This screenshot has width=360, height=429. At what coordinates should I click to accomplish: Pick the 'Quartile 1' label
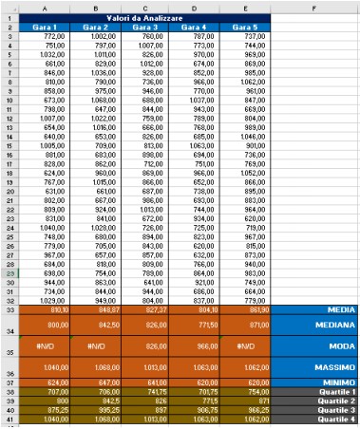(332, 391)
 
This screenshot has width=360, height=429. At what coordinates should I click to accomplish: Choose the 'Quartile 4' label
(332, 419)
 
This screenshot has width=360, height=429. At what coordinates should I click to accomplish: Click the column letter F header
(313, 5)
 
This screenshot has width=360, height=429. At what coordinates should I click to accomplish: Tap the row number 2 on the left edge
(8, 27)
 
